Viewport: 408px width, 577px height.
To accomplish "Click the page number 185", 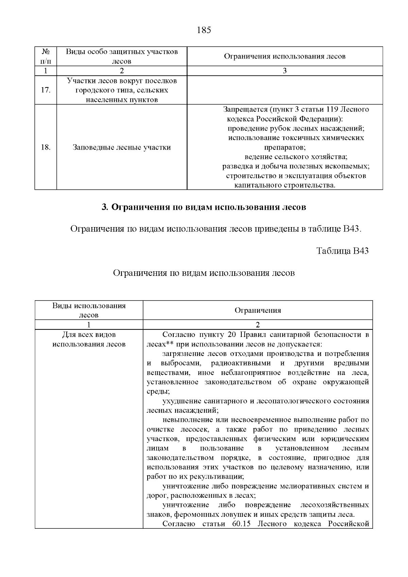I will [204, 30].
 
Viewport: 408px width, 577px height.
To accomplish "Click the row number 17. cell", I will [46, 90].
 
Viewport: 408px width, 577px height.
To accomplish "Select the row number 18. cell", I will [46, 147].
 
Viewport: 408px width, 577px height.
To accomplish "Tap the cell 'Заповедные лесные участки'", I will [122, 147].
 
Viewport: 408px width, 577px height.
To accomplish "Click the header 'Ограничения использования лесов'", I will [285, 56].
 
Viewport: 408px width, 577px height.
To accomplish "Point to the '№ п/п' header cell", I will [46, 56].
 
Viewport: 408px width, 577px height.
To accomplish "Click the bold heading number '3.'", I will [105, 207].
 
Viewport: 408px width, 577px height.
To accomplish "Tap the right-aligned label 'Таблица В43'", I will [342, 251].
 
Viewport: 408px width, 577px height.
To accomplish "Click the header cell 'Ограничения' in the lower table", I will [258, 310].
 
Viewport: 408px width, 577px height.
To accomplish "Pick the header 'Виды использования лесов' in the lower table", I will [89, 310].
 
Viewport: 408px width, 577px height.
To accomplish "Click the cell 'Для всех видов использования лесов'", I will [89, 339].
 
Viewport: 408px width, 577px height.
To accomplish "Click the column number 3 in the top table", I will [285, 71].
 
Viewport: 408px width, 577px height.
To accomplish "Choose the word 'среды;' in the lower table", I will [156, 391].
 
